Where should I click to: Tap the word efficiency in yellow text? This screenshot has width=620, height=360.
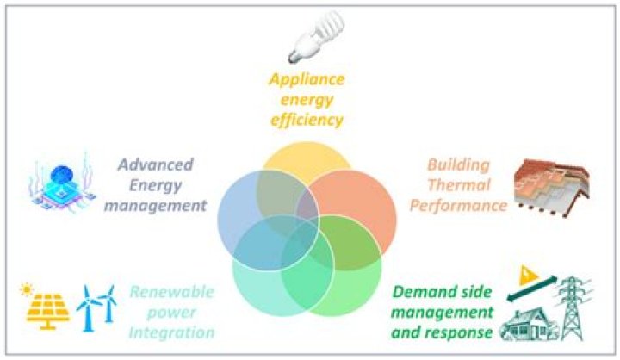click(306, 120)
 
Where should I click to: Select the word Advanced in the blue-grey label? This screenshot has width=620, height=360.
click(155, 164)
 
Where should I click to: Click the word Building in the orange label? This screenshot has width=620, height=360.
click(459, 164)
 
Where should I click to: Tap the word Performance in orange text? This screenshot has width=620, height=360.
click(457, 206)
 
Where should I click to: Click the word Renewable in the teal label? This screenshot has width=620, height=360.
click(172, 291)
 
